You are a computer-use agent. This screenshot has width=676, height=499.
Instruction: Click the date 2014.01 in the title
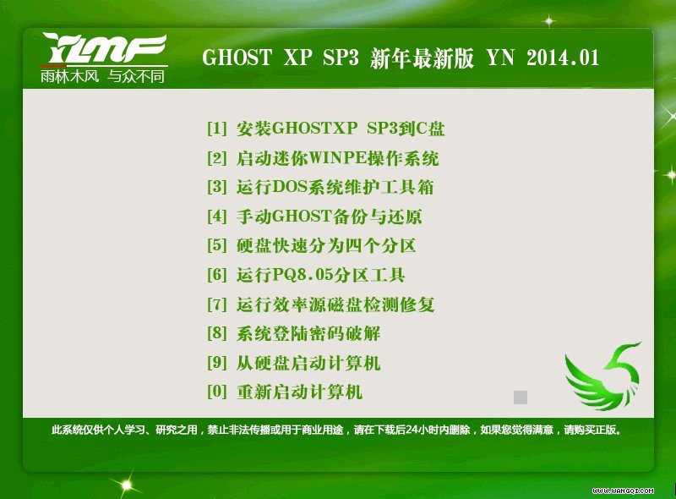[x=563, y=58]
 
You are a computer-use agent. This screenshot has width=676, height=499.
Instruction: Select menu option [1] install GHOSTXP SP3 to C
[x=325, y=129]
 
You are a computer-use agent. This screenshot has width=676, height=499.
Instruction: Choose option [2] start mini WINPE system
[x=323, y=158]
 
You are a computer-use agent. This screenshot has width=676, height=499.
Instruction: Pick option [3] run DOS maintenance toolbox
[x=320, y=187]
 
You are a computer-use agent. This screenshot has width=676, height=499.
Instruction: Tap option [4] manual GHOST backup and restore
[x=314, y=216]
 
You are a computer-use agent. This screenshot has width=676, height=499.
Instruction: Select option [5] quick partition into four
[x=311, y=245]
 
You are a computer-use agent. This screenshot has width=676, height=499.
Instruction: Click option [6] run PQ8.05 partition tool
[x=306, y=275]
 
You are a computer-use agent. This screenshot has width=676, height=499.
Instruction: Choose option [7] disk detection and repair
[x=320, y=304]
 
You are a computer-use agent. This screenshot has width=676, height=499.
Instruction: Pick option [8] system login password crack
[x=293, y=333]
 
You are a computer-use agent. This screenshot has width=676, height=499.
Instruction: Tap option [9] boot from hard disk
[x=293, y=363]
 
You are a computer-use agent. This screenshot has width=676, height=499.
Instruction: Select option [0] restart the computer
[x=285, y=392]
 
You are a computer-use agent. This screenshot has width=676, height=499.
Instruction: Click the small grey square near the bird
[x=521, y=398]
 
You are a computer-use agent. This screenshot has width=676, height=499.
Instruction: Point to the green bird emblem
[x=602, y=376]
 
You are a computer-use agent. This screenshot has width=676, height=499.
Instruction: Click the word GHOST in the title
[x=237, y=58]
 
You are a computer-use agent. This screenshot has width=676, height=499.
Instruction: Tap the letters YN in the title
[x=500, y=58]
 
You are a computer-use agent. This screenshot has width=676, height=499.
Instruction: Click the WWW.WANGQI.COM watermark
[x=623, y=491]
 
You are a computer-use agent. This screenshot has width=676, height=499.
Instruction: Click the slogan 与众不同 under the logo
[x=136, y=76]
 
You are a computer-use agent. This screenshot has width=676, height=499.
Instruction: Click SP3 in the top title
[x=341, y=58]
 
